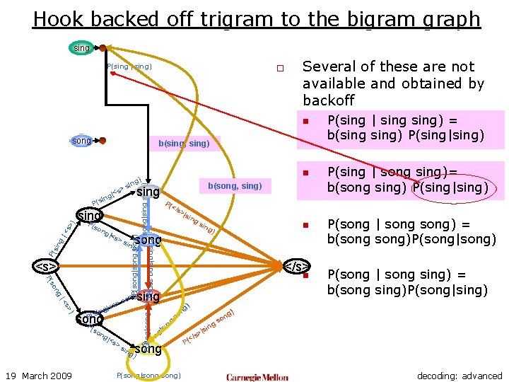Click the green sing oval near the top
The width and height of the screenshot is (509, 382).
82,48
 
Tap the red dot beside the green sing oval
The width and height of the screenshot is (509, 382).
103,48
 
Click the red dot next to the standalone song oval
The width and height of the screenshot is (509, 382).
103,141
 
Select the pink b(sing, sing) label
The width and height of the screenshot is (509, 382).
184,144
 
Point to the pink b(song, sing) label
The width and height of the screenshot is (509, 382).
235,186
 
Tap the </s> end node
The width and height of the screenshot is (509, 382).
296,267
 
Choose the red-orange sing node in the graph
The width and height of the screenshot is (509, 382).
148,296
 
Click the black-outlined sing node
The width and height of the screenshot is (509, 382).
90,214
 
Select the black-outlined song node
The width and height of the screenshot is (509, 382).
90,318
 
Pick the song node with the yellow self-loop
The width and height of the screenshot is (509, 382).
148,349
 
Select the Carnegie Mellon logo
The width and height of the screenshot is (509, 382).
257,377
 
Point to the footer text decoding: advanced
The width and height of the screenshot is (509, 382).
460,376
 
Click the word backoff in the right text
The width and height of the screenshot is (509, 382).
328,100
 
